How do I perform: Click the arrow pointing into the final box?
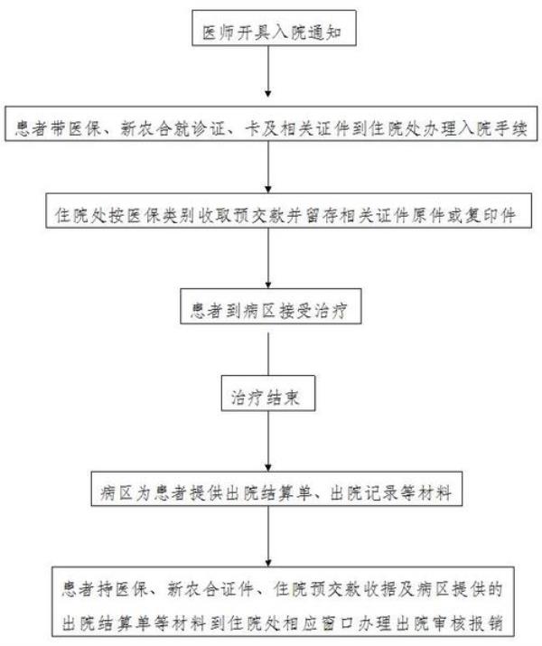click(269, 538)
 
